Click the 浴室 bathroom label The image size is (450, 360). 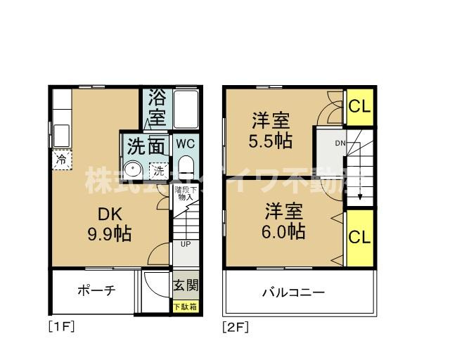(157, 107)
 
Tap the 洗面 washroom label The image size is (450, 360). (147, 146)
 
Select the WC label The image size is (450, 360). (186, 143)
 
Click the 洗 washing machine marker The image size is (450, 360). (158, 169)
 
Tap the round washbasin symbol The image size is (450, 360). (131, 169)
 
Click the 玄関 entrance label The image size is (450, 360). (186, 286)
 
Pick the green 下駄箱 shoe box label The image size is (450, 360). (186, 307)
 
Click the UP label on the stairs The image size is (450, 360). (186, 245)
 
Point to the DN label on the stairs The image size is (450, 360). (340, 143)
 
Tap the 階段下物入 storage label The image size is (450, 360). (186, 193)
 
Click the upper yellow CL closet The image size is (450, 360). (360, 107)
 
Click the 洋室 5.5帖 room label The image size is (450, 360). (270, 130)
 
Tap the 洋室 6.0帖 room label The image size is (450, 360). (285, 220)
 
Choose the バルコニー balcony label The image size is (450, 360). (294, 292)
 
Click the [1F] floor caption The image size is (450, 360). (60, 326)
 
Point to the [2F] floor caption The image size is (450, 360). (236, 326)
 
